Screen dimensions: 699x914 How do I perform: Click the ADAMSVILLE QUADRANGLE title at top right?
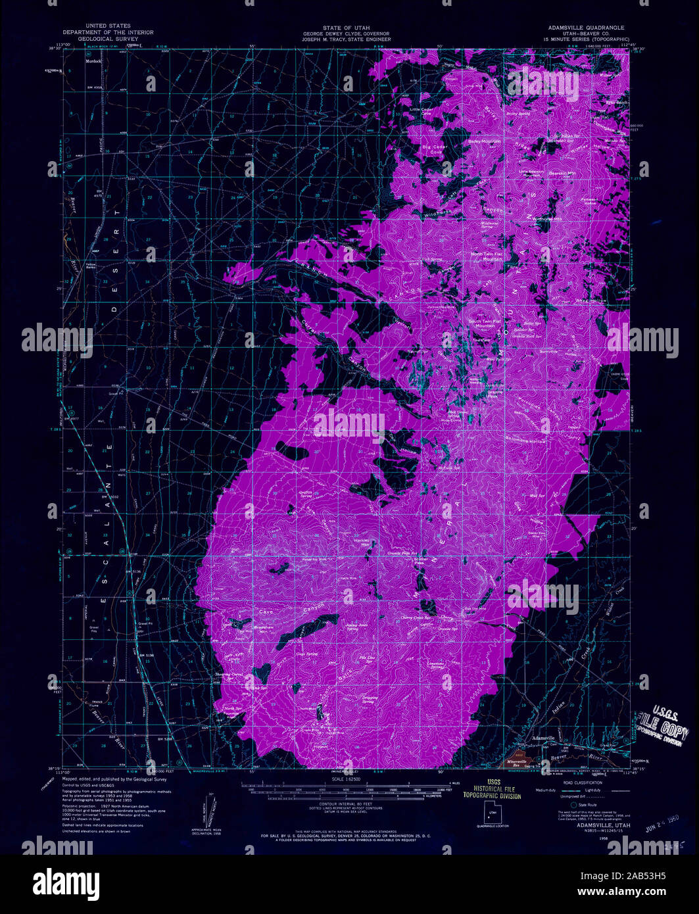(587, 28)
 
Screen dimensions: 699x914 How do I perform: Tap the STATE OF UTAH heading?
(347, 28)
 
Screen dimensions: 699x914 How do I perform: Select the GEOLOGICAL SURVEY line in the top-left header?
(108, 39)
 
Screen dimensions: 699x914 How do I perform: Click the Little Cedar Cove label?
(422, 111)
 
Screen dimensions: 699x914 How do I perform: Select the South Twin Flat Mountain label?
(485, 324)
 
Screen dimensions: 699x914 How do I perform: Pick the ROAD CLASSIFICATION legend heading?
(577, 782)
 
